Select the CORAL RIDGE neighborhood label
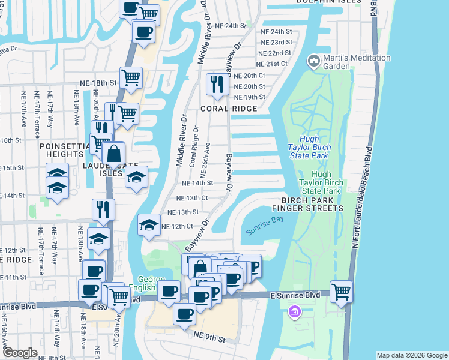tap(229, 109)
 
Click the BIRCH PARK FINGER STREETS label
tap(307, 204)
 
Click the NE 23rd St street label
tap(277, 43)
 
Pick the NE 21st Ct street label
tap(273, 64)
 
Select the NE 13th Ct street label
tap(192, 198)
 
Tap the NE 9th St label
tap(209, 339)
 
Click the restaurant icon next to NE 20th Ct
tap(216, 83)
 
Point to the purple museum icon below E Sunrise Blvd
tap(294, 312)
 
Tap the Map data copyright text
tap(412, 355)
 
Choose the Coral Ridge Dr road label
tap(193, 150)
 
